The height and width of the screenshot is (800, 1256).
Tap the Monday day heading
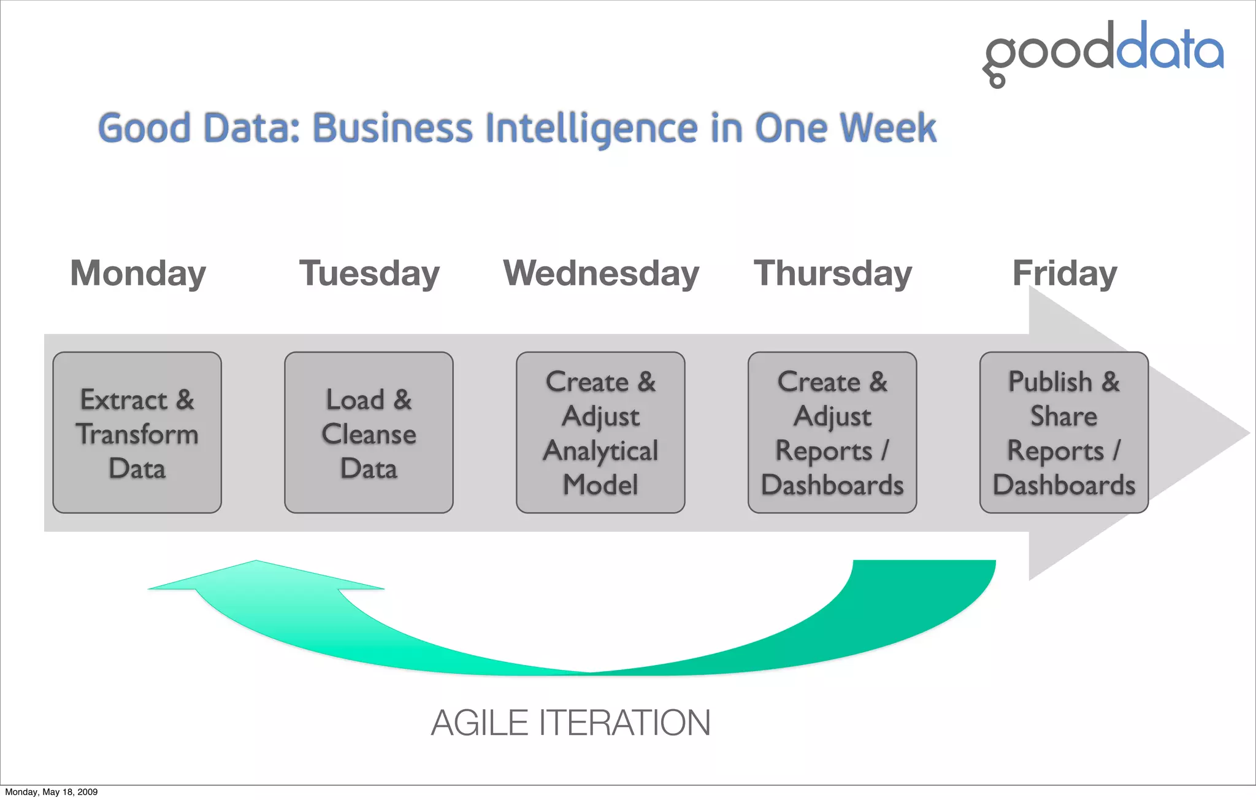[138, 273]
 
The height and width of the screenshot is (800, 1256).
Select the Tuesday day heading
[369, 273]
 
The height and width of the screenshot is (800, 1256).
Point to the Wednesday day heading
[601, 273]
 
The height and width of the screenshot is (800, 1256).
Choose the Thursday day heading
[832, 273]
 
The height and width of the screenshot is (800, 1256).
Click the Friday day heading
[1064, 273]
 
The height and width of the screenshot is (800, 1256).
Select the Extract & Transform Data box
[137, 433]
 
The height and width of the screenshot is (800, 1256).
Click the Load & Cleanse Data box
[369, 433]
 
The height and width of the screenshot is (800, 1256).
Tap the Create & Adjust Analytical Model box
[600, 433]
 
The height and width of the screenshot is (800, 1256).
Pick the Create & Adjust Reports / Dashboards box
[832, 433]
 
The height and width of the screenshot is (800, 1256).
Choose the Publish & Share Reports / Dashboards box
[1064, 433]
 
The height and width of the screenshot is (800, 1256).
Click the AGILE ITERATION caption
[570, 723]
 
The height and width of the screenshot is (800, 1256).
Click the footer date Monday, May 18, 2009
[52, 792]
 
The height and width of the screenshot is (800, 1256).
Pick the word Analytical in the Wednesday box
[600, 451]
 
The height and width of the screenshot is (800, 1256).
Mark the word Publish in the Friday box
[1051, 382]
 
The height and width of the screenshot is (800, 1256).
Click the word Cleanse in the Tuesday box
[369, 434]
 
